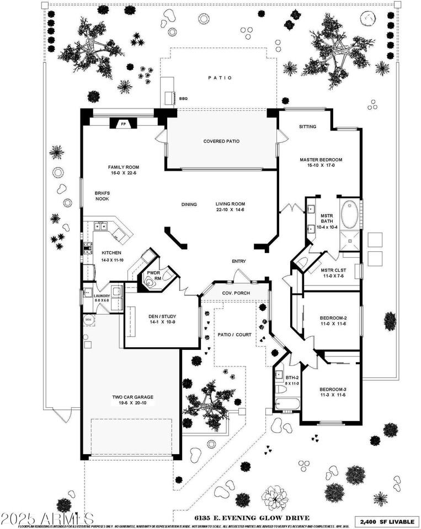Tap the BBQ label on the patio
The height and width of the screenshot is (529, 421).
point(184,99)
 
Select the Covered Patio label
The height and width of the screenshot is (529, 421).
point(221,142)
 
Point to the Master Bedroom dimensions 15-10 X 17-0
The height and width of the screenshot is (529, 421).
point(317,165)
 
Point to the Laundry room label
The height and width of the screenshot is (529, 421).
point(102,296)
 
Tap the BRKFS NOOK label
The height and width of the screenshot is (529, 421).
point(102,196)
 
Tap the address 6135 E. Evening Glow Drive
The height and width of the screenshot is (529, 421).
point(252,518)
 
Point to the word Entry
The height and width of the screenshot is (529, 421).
point(239,262)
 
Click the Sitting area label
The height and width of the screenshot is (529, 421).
point(307,127)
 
